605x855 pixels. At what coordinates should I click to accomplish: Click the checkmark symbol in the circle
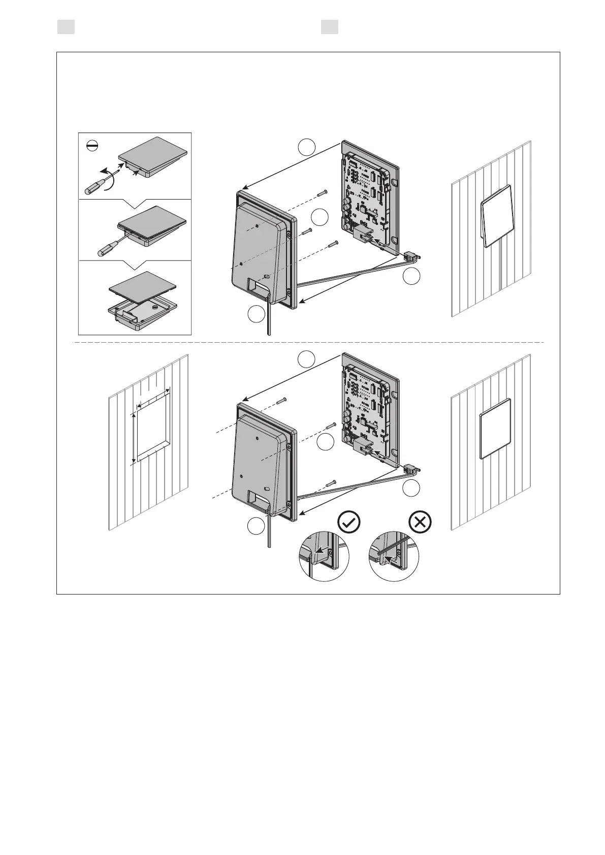349,522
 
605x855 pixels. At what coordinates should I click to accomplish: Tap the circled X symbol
421,522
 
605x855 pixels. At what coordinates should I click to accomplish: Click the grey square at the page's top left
66,27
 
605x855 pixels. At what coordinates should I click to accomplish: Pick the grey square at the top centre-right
330,27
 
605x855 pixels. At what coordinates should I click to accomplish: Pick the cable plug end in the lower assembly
411,470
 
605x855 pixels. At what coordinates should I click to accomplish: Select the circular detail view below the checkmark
324,556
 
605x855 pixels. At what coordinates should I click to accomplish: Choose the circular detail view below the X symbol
394,556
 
